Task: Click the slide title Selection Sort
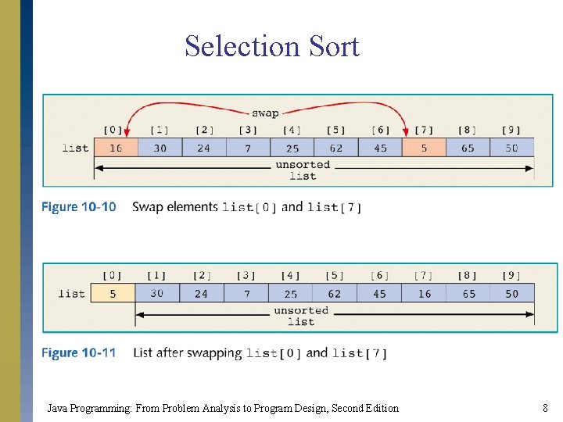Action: click(x=272, y=47)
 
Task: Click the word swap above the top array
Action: click(x=265, y=113)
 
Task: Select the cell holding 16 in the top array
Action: click(x=116, y=148)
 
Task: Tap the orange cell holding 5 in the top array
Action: click(x=424, y=148)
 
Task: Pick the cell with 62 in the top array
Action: click(x=335, y=148)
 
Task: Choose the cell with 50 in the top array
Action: click(x=511, y=148)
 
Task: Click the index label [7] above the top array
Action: click(x=424, y=130)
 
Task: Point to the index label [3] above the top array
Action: click(x=247, y=130)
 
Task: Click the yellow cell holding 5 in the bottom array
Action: click(x=113, y=294)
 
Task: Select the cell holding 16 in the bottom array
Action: click(x=424, y=294)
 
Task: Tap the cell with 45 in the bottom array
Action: click(x=379, y=294)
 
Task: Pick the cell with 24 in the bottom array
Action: click(x=202, y=294)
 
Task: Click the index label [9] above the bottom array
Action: click(x=511, y=275)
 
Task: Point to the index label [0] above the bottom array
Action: click(x=113, y=275)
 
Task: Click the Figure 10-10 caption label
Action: click(x=78, y=207)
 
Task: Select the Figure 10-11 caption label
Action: click(x=78, y=353)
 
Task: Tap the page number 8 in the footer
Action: click(x=545, y=408)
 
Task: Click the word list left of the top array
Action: click(x=75, y=148)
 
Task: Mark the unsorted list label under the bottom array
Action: click(x=301, y=316)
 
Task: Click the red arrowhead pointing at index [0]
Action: click(x=127, y=133)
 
